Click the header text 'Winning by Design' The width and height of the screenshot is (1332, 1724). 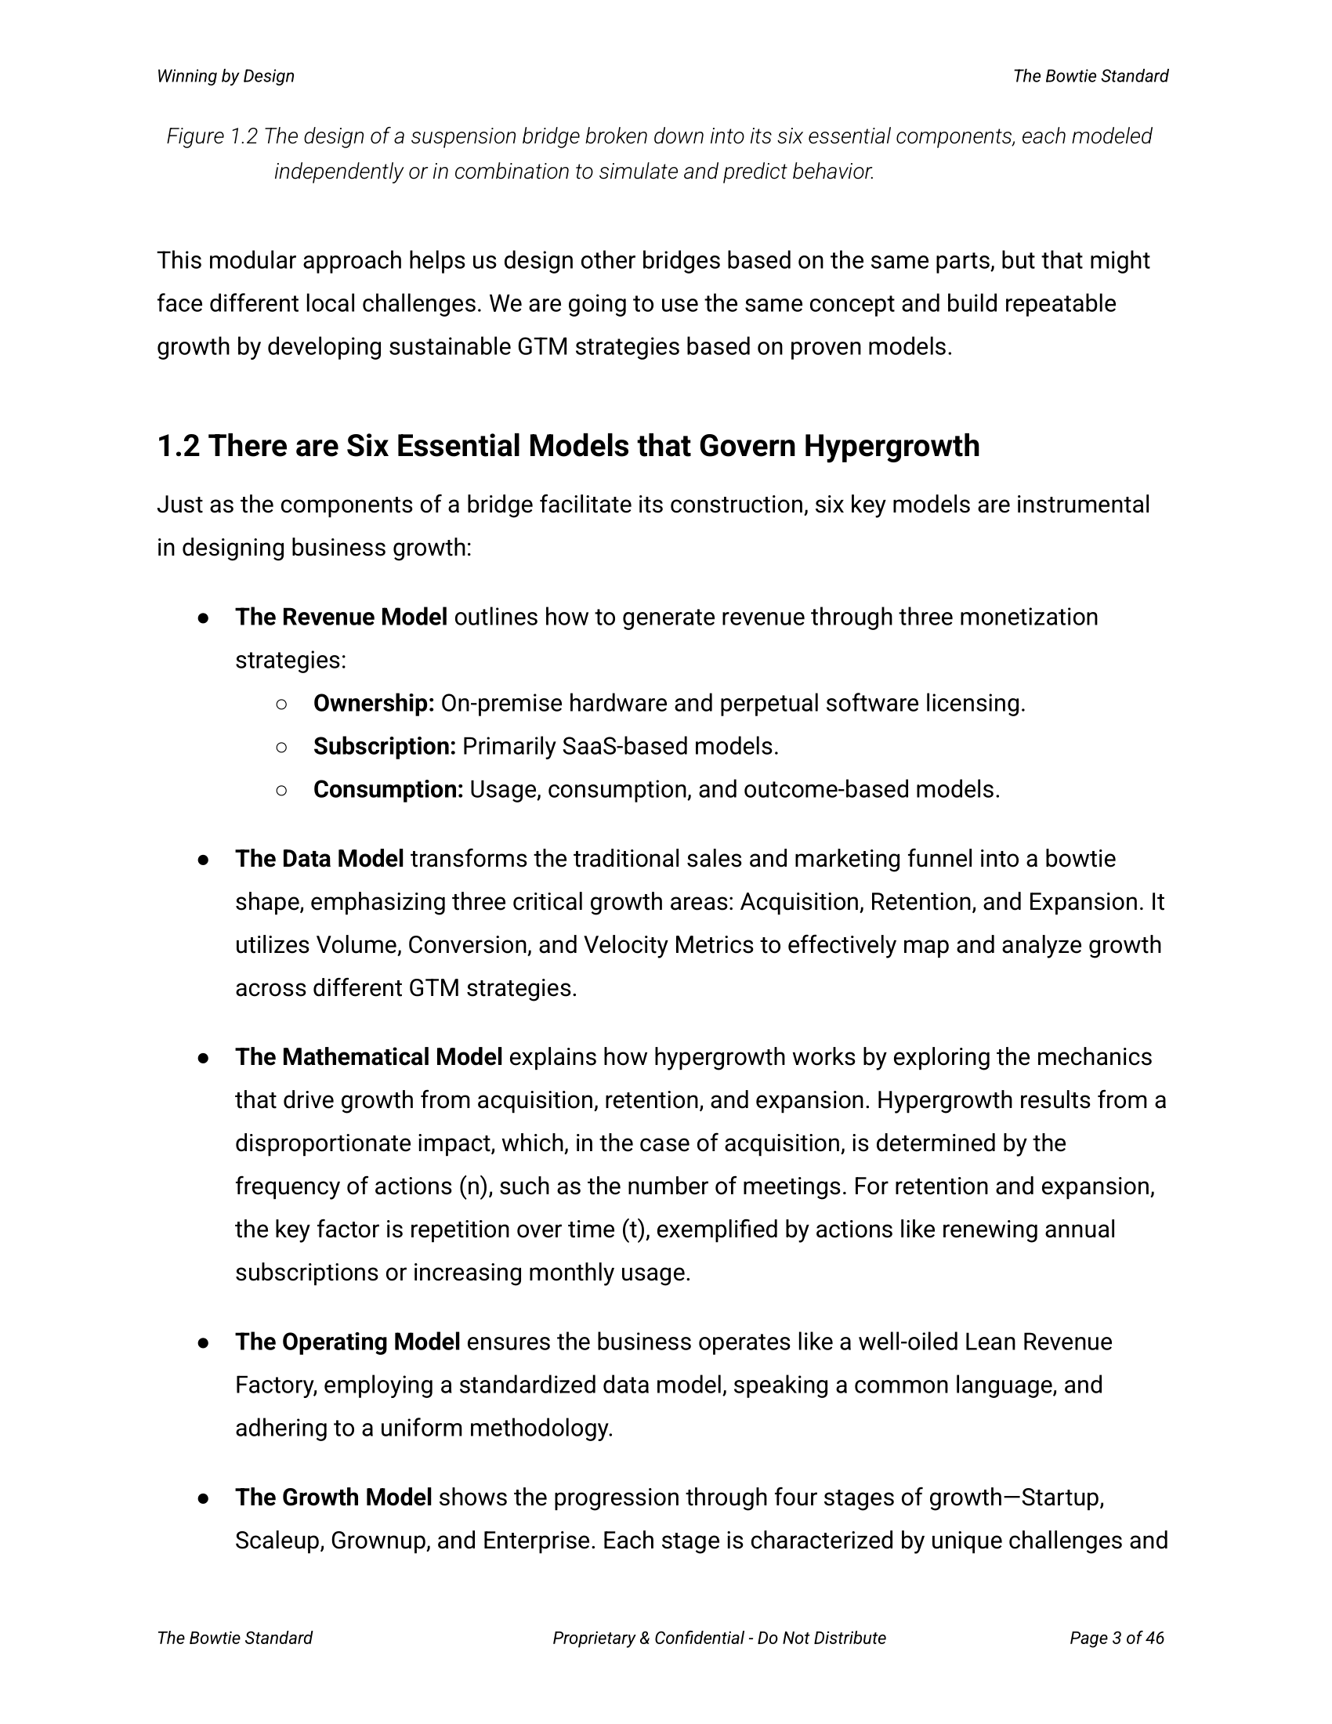click(226, 77)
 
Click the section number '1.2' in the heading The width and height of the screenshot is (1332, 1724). click(179, 447)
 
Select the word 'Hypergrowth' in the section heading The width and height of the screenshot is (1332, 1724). click(892, 447)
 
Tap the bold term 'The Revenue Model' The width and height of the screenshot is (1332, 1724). click(341, 618)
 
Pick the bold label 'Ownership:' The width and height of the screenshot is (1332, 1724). click(374, 704)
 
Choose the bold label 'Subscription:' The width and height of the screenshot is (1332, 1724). click(384, 747)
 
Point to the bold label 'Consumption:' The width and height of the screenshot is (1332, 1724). click(388, 790)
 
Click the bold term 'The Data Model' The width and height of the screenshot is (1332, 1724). click(320, 859)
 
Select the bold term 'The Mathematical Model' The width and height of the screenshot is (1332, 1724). click(368, 1057)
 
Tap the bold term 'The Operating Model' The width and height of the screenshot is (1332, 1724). click(347, 1342)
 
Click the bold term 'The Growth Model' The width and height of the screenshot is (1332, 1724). click(333, 1498)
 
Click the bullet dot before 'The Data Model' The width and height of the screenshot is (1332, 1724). click(204, 860)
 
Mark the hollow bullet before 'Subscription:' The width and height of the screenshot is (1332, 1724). click(282, 747)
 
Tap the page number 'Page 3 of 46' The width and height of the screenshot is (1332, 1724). click(1117, 1638)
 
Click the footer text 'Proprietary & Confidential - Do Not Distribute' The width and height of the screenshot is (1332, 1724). click(718, 1638)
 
